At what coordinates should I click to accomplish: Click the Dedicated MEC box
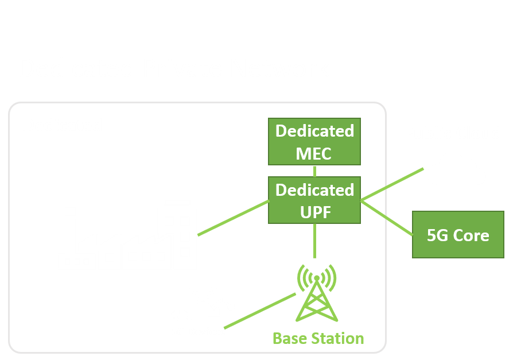tap(314, 142)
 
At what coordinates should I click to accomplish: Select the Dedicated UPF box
tap(314, 200)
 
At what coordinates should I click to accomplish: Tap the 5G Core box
tap(458, 235)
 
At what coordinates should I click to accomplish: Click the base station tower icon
tap(316, 293)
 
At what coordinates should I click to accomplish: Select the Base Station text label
tap(318, 338)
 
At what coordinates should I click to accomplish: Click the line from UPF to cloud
tap(393, 184)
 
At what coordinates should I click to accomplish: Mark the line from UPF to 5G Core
tap(387, 217)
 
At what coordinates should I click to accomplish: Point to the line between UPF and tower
tap(314, 241)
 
